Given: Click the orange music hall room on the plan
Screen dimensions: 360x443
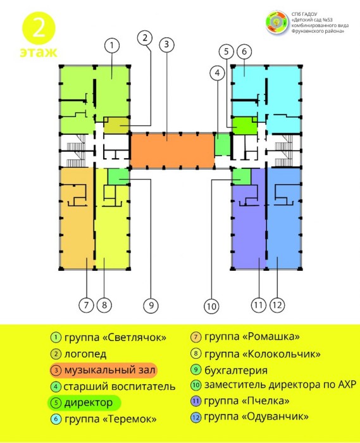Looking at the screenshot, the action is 173,151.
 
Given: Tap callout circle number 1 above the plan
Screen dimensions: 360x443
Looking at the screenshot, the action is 112,45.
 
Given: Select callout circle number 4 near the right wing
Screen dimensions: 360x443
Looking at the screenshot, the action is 217,73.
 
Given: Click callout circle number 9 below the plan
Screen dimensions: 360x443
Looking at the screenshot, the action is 151,305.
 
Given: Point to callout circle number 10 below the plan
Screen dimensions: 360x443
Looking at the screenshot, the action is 211,306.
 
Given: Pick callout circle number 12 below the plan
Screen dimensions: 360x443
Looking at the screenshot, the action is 277,305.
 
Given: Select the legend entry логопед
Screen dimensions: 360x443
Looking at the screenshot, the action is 85,354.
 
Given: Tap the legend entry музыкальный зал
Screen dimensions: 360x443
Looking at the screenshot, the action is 110,370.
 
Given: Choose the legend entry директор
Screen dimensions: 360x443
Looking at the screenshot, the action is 89,402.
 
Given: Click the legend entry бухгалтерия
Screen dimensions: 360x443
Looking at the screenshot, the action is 236,370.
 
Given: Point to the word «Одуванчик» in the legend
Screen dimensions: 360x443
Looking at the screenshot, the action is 275,416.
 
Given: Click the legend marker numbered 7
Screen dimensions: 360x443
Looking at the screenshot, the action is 196,337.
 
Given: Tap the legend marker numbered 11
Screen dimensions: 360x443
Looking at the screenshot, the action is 196,401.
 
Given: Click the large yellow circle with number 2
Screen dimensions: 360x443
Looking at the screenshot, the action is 39,28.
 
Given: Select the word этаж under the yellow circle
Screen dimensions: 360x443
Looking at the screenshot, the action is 39,53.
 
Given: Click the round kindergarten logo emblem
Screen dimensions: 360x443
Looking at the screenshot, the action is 278,23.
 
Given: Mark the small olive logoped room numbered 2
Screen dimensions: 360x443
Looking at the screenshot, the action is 116,125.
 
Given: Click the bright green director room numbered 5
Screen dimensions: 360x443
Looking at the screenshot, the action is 244,126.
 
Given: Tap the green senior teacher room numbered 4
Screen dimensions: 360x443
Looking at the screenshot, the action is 223,144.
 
